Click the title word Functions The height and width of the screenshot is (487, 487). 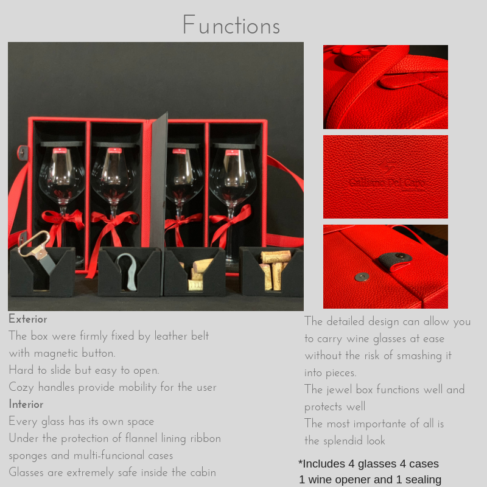point(231,24)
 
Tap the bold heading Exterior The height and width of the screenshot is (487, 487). point(28,319)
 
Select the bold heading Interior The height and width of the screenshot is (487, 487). point(26,404)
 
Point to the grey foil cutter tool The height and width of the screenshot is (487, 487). point(128,271)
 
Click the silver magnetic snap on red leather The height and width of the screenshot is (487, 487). point(362,276)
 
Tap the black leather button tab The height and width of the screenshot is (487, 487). point(395,261)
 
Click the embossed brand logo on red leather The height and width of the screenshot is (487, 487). point(387,176)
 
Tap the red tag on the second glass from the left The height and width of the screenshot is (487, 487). point(114,151)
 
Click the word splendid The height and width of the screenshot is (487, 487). point(343,441)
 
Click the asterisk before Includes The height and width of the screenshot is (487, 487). point(300,463)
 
